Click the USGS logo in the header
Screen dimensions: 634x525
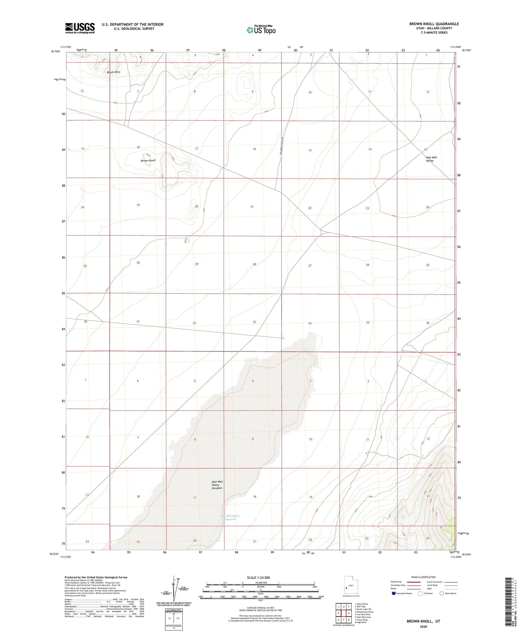tap(80, 28)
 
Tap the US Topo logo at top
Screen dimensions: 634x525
tap(261, 30)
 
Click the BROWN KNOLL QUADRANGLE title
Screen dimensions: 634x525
tap(434, 24)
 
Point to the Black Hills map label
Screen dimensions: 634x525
tap(113, 72)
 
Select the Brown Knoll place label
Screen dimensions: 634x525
tap(148, 161)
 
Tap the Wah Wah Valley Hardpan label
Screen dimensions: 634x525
tap(217, 485)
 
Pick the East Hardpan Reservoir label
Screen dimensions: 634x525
tap(230, 517)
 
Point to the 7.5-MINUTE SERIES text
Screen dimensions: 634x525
tap(434, 33)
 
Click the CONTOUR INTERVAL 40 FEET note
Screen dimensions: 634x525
tap(260, 608)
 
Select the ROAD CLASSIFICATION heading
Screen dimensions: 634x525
tap(423, 577)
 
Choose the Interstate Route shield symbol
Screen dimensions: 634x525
tap(394, 593)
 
